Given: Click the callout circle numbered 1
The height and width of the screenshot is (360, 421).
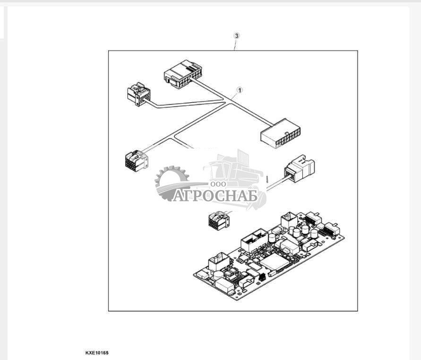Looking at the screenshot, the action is click(x=240, y=89).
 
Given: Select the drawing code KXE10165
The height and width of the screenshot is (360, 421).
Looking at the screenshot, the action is click(x=97, y=353).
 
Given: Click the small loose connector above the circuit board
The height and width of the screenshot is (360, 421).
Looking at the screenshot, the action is click(x=218, y=220).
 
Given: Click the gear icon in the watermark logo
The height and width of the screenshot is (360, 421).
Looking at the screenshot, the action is click(x=171, y=182).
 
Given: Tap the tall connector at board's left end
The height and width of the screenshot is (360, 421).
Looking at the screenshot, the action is click(x=219, y=262).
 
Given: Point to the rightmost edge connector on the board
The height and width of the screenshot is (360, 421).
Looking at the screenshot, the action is click(x=331, y=231).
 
